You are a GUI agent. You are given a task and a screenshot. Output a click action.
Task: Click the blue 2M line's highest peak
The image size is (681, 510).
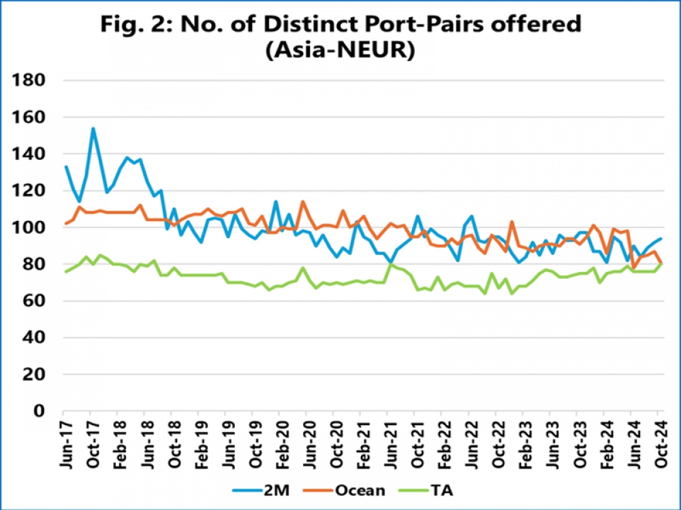coord(93,129)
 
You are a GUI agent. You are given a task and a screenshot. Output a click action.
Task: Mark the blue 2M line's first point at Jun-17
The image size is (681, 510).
coord(65,167)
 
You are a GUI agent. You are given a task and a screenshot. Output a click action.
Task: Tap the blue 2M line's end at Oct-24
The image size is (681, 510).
coord(661,239)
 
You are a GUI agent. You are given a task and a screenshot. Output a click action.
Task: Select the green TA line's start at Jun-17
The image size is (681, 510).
coord(65,272)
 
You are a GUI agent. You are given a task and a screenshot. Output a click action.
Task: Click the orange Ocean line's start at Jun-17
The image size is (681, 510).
coord(65,224)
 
